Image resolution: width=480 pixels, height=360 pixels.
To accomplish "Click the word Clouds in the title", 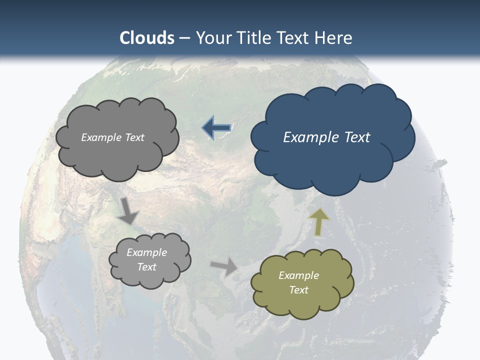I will [x=147, y=38].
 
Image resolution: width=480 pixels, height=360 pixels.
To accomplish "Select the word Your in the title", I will [x=212, y=38].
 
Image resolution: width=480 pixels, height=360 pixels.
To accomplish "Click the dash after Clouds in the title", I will [x=184, y=38].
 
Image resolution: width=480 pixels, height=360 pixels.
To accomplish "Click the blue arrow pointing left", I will [x=216, y=128].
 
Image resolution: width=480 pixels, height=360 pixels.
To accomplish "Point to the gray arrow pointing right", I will [x=224, y=266].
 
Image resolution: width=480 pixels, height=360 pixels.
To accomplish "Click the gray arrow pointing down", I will [x=128, y=210].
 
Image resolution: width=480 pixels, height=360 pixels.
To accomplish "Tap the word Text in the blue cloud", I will [x=355, y=137].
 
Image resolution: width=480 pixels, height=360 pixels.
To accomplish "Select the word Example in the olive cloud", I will [x=298, y=275].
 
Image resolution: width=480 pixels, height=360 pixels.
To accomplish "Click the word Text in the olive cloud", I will [x=298, y=290].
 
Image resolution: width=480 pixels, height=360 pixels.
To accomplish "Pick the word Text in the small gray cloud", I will [x=146, y=267].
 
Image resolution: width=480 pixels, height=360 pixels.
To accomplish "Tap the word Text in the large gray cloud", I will [x=134, y=137].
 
